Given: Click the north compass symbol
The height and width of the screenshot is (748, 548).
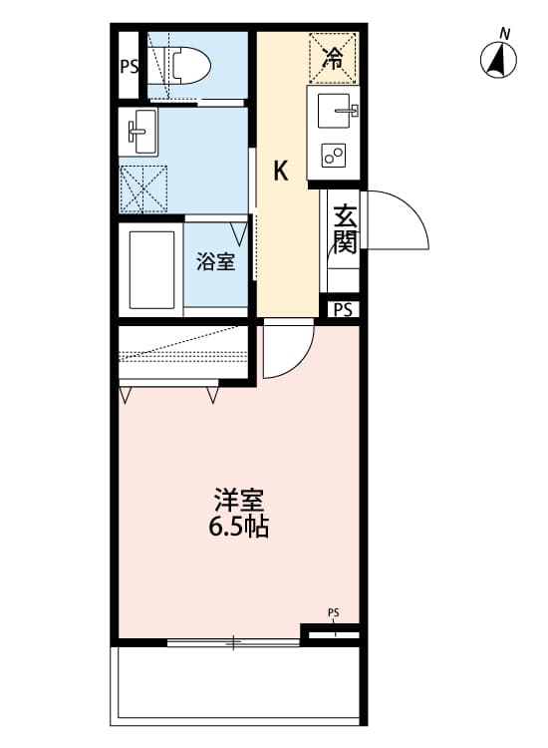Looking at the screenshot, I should point(498,59).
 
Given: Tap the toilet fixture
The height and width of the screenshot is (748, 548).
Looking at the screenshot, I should point(189,65).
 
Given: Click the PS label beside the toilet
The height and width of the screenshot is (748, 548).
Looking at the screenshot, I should point(129,68).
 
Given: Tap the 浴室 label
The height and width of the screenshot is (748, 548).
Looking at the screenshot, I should point(215,263).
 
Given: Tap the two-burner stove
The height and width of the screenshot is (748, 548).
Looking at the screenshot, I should point(334,156).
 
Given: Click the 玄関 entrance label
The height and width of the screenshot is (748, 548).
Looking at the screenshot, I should point(345,227).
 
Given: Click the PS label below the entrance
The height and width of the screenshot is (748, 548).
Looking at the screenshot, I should point(343,310).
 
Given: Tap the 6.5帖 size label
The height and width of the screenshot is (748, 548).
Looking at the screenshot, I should point(238,528).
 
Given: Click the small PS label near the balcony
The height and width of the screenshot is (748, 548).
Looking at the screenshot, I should point(333,612).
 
